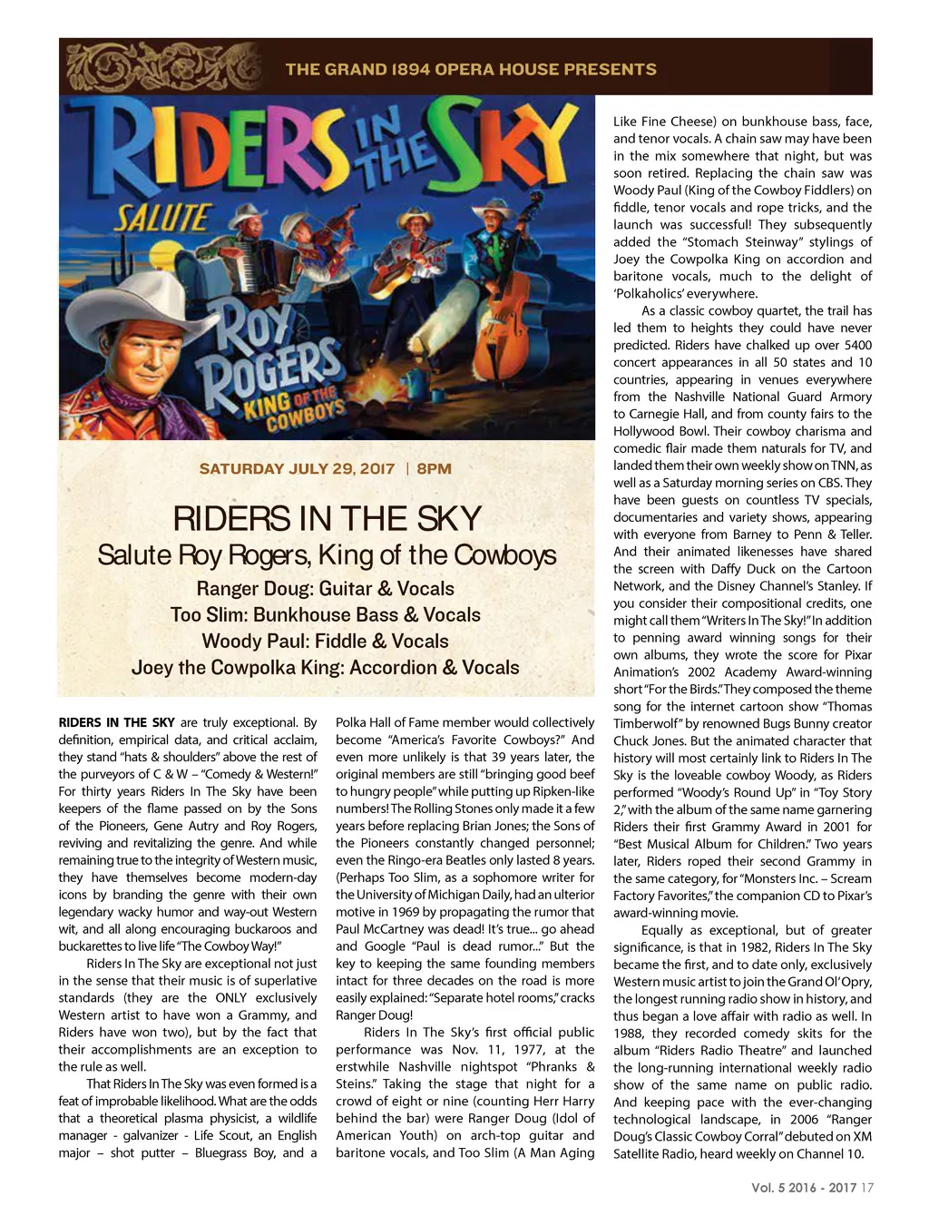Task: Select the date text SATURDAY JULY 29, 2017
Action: tap(297, 469)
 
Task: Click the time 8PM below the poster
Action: tap(435, 469)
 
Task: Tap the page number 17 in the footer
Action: tap(867, 1187)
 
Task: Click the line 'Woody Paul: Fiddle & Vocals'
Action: tap(325, 642)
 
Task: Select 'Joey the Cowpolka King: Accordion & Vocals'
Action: tap(325, 668)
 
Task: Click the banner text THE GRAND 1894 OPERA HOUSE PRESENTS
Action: tap(471, 69)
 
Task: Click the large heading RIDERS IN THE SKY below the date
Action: tap(327, 519)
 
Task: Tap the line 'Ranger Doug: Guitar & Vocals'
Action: tap(325, 589)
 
